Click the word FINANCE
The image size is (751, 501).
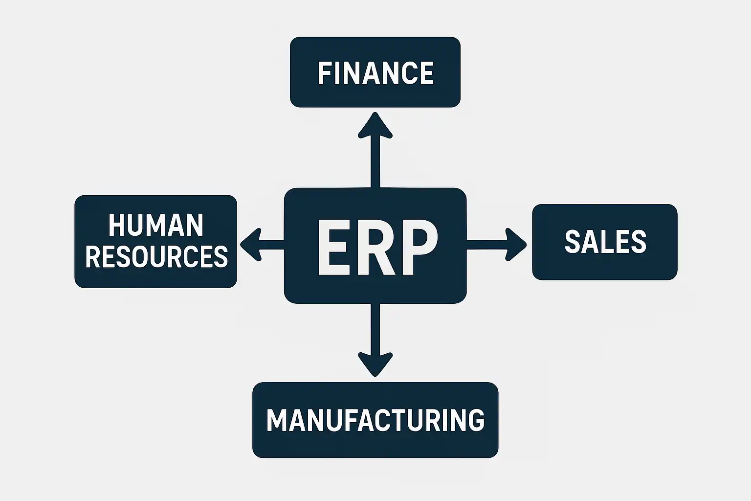[x=375, y=73]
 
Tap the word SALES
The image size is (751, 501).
[x=605, y=242]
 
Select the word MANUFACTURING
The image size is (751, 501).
[x=375, y=420]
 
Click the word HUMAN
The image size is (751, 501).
[x=155, y=226]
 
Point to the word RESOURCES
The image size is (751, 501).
[x=156, y=256]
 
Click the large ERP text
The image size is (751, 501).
[x=375, y=248]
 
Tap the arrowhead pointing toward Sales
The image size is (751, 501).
[x=515, y=244]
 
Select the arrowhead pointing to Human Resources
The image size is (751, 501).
[x=251, y=244]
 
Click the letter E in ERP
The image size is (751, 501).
[x=333, y=248]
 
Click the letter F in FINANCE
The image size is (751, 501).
[x=323, y=73]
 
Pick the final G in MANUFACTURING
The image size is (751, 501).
[x=474, y=420]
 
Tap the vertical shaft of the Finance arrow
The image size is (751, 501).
[x=375, y=164]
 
